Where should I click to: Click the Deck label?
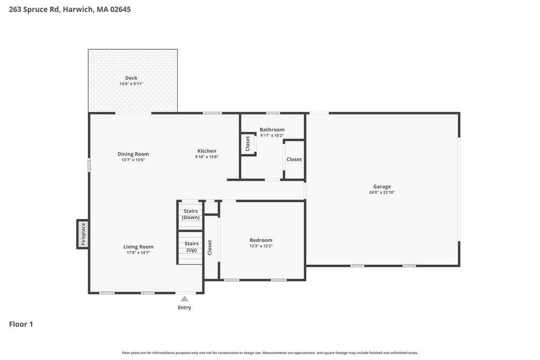[131, 78]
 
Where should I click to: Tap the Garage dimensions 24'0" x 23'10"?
[382, 192]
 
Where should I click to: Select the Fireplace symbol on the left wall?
[83, 234]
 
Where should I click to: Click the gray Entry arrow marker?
[185, 298]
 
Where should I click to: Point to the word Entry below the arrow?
[184, 307]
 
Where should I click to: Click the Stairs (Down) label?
[191, 214]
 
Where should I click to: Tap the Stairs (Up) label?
[191, 247]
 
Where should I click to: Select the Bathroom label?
[272, 130]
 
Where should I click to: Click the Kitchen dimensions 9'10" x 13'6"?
[207, 157]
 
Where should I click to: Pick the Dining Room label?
[133, 154]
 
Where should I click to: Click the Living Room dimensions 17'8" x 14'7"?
[138, 252]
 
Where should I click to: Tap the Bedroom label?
[261, 240]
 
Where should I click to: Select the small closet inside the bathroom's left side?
[248, 143]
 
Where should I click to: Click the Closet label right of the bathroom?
[294, 159]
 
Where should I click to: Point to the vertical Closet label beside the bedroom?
[210, 247]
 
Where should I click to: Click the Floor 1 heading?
[21, 324]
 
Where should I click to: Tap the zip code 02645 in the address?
[120, 9]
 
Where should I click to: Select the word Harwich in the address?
[78, 9]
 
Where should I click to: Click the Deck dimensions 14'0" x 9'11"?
[131, 84]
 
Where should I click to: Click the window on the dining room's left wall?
[89, 165]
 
